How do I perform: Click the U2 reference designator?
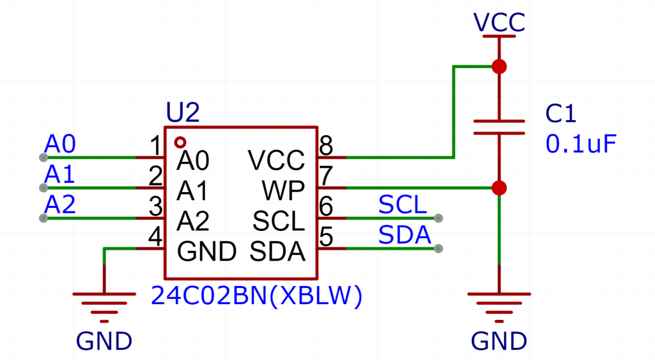(183, 113)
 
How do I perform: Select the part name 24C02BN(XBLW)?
(257, 296)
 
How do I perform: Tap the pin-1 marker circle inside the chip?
(180, 142)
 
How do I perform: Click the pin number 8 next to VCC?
(326, 145)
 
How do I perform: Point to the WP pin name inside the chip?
(283, 192)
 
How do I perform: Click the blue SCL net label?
(403, 205)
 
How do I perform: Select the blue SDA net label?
(405, 235)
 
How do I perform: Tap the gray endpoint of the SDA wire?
(438, 248)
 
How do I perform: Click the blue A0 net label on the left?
(60, 144)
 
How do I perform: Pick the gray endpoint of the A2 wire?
(43, 218)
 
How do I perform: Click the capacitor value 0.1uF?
(581, 144)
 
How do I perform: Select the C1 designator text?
(561, 113)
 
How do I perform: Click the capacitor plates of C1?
(499, 127)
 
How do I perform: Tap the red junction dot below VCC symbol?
(499, 67)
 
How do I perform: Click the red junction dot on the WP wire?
(499, 188)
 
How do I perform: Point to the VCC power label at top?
(499, 22)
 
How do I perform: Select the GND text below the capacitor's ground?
(499, 341)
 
